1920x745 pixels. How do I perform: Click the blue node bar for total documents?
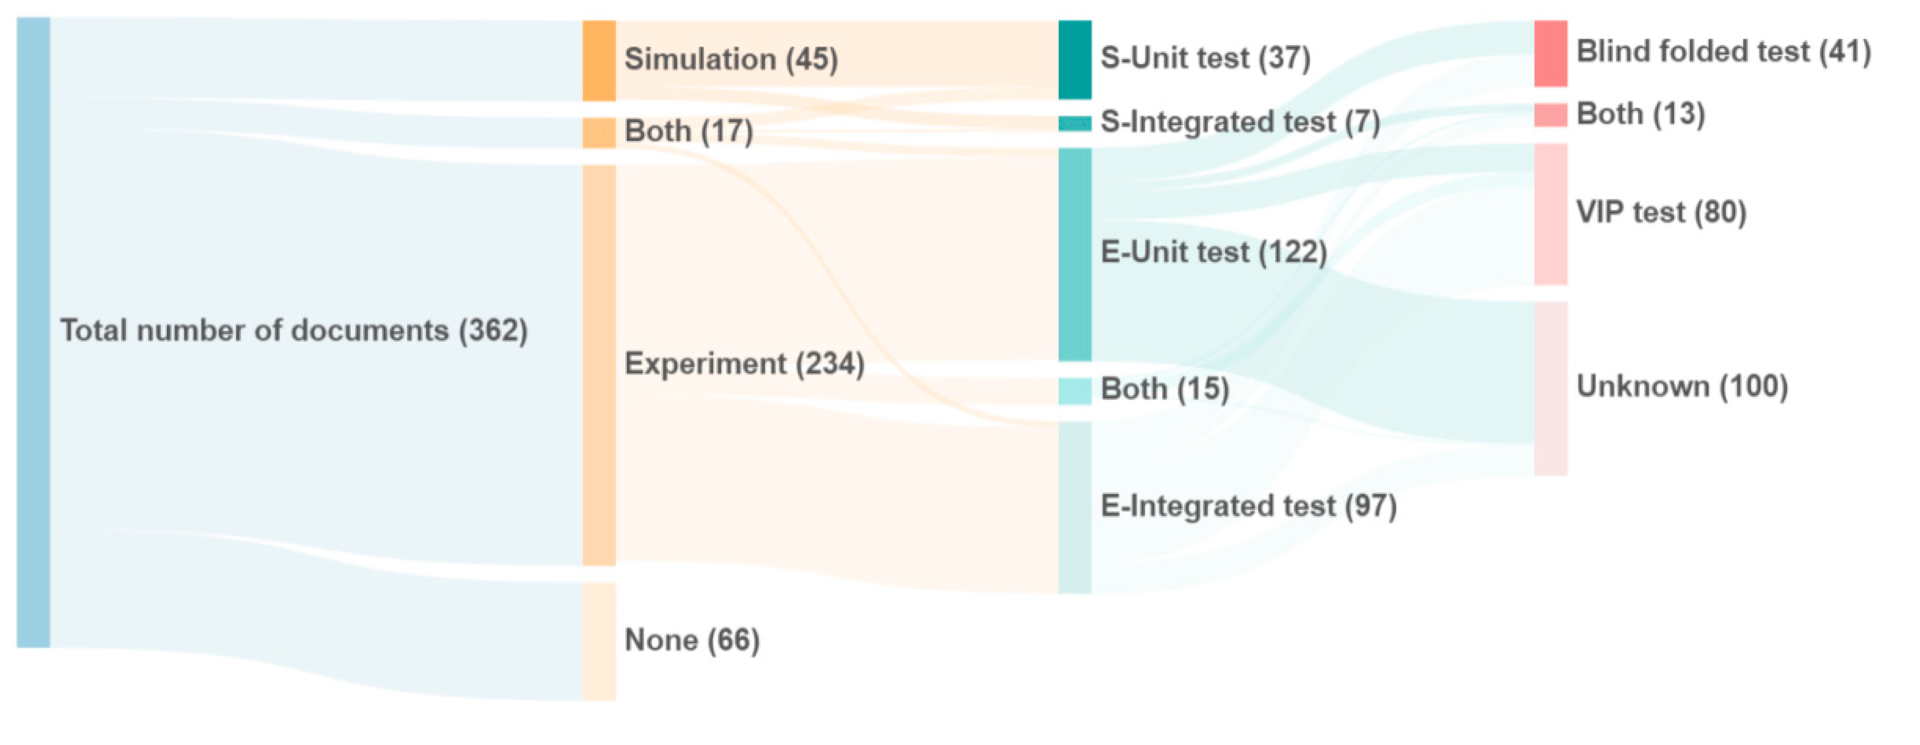click(x=33, y=333)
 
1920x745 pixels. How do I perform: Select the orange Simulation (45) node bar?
click(x=599, y=60)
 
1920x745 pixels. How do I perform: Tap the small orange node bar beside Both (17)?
click(x=599, y=133)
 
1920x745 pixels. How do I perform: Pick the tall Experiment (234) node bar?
click(x=599, y=365)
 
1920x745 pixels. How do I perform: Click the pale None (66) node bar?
click(x=599, y=641)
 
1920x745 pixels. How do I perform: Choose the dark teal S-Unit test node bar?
click(x=1075, y=60)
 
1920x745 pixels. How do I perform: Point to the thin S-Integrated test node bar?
click(x=1075, y=124)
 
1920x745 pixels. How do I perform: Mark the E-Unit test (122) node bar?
click(x=1075, y=254)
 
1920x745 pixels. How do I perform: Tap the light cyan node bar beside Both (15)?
click(x=1075, y=391)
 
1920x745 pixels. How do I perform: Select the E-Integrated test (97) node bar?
click(x=1075, y=507)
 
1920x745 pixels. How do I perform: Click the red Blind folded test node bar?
click(x=1550, y=54)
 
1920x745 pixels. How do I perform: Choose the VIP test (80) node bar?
click(x=1550, y=215)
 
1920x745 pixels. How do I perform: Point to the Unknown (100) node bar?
click(x=1550, y=388)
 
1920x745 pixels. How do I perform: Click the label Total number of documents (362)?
click(x=294, y=330)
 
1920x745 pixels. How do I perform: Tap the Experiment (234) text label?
click(x=744, y=364)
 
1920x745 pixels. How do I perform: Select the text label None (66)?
click(x=691, y=640)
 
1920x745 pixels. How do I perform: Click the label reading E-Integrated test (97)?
click(x=1249, y=506)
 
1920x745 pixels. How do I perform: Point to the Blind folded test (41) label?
click(x=1723, y=51)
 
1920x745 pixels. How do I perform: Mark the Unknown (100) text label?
click(x=1682, y=386)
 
